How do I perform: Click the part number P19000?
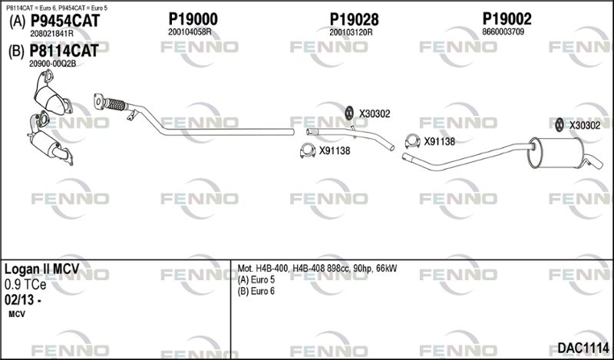point(192,19)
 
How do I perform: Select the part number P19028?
point(355,19)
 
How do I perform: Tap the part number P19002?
point(507,19)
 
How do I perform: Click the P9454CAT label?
point(64,22)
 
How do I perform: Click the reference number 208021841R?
point(51,35)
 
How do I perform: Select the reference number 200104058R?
point(190,32)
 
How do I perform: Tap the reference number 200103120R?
point(351,32)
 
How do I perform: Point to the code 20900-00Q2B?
point(53,64)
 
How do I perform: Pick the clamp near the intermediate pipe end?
point(411,140)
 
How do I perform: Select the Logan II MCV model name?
point(47,270)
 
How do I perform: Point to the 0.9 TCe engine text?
point(25,284)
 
